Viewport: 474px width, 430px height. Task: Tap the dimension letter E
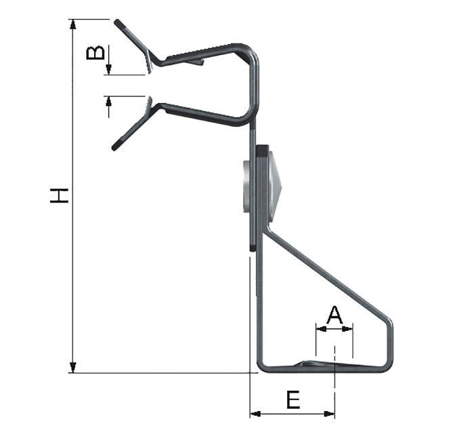[x=293, y=400]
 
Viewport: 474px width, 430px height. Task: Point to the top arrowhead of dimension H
[x=73, y=24]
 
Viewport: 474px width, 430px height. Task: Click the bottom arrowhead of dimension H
[x=73, y=368]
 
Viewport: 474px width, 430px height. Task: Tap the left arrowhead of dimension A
[x=320, y=330]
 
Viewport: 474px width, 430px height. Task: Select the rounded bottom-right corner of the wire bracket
[x=388, y=365]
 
